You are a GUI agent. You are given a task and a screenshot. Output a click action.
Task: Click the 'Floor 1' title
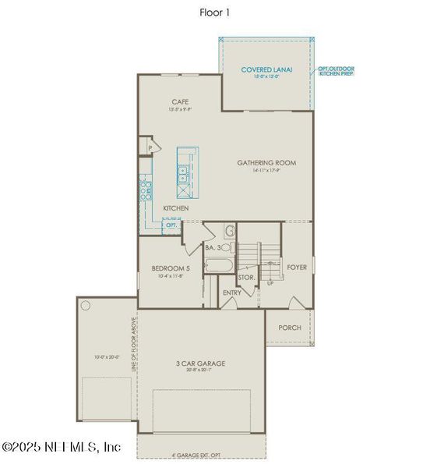[215, 12]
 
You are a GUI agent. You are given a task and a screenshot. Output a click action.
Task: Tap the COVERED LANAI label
[266, 69]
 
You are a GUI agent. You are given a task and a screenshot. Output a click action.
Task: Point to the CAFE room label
[181, 102]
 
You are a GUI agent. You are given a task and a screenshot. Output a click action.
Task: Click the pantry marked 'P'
[149, 147]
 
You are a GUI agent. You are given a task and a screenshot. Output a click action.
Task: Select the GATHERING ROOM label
[266, 163]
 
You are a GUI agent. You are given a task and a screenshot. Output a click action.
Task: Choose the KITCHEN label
[176, 208]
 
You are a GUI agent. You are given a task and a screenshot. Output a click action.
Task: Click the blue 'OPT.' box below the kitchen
[171, 225]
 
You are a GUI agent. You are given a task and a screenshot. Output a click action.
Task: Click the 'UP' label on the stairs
[270, 282]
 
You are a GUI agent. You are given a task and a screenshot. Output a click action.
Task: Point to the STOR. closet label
[246, 277]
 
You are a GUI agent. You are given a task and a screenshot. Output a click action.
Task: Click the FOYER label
[297, 267]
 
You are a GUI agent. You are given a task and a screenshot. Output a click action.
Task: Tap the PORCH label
[289, 328]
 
